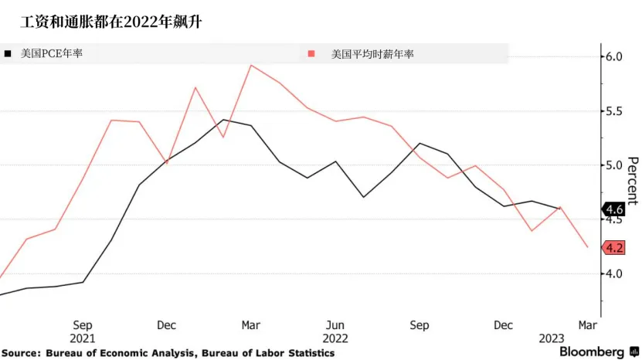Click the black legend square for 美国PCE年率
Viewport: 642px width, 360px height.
8,54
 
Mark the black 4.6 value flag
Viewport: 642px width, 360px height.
614,209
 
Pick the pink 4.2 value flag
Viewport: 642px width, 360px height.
614,248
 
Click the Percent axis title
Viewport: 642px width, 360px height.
632,181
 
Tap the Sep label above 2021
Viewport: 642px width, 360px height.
83,325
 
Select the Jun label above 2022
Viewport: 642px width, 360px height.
335,325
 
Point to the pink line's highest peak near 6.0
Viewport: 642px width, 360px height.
251,65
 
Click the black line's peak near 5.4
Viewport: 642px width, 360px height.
223,120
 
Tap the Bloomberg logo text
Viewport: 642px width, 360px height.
592,352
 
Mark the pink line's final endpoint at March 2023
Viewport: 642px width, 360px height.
589,247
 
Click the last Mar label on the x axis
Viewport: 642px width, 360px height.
588,325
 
